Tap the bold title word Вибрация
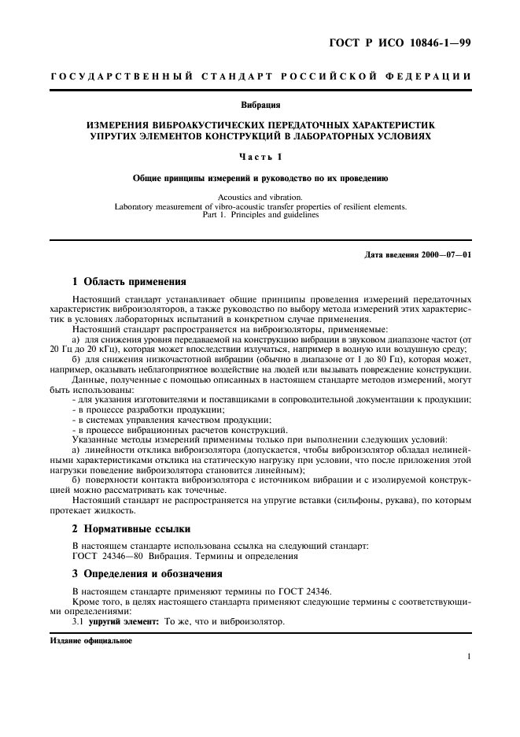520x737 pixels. pyautogui.click(x=260, y=104)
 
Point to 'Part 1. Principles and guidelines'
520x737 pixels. pyautogui.click(x=260, y=214)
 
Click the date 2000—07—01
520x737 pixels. pyautogui.click(x=443, y=255)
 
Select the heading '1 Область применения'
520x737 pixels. pyautogui.click(x=129, y=281)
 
